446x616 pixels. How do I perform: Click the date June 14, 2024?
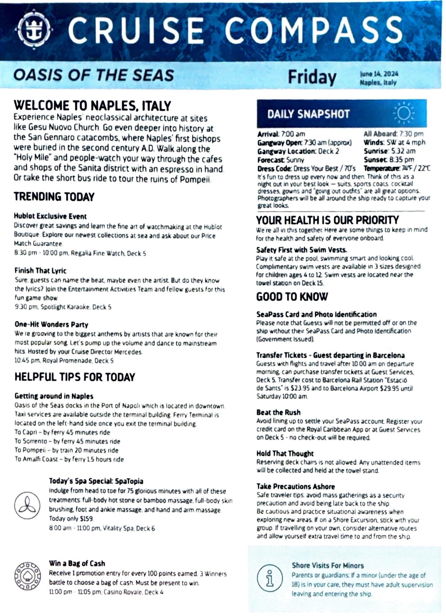tap(379, 74)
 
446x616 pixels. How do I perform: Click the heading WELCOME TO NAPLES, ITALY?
tap(93, 106)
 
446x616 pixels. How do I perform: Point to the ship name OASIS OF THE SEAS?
tap(94, 75)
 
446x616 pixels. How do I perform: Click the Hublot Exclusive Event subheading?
tap(50, 216)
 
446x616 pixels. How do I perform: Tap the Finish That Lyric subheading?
tap(41, 270)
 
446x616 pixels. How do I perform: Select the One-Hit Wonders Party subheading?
tap(51, 324)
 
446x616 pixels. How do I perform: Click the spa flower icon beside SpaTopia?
tap(27, 506)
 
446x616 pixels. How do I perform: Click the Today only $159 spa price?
tap(71, 519)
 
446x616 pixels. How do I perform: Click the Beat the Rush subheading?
tap(278, 412)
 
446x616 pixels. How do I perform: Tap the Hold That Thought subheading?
tap(285, 453)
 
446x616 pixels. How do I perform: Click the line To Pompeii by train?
tap(66, 450)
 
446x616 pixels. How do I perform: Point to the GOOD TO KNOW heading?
tap(292, 297)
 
